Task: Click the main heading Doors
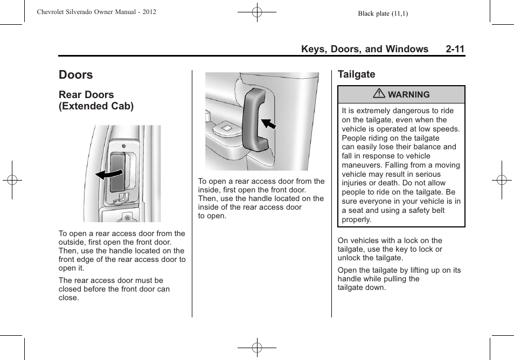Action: click(x=76, y=75)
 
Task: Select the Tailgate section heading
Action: click(x=356, y=74)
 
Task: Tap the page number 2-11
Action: click(x=455, y=49)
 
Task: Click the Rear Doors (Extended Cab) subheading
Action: click(x=96, y=100)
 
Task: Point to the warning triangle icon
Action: click(x=379, y=94)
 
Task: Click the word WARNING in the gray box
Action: click(x=409, y=95)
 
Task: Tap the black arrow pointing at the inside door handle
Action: click(x=268, y=124)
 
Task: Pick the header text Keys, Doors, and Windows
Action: click(x=365, y=49)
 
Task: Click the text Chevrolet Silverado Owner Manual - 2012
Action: click(x=96, y=11)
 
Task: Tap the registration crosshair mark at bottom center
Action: click(x=257, y=348)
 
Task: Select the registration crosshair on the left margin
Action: click(x=12, y=180)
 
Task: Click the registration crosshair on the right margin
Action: click(x=502, y=180)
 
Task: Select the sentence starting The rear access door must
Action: click(x=114, y=289)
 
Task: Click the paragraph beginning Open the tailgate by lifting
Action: click(x=399, y=279)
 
